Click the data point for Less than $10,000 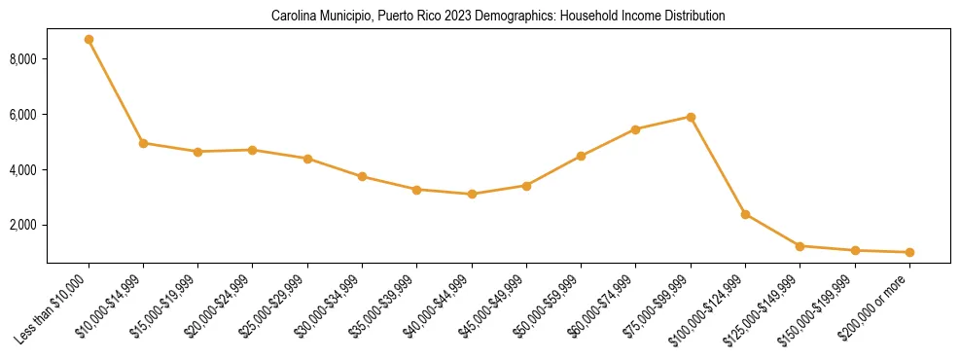[89, 40]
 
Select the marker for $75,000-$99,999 [691, 117]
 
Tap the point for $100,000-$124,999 [745, 214]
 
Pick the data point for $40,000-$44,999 [472, 194]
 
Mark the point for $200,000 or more [909, 252]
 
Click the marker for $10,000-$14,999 [143, 143]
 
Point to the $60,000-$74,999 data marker [636, 129]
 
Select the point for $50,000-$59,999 [581, 156]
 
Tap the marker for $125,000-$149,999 [800, 246]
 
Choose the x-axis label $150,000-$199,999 [819, 306]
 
